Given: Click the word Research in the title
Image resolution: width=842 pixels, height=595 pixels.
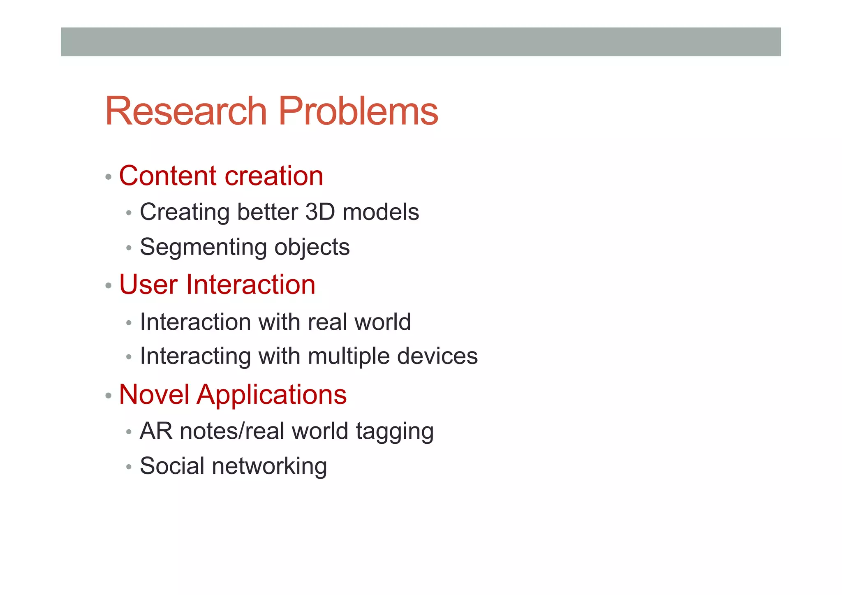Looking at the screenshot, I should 186,111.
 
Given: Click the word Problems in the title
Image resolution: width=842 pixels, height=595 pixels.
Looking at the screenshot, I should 358,111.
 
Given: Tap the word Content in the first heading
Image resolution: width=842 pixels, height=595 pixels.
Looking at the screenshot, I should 168,176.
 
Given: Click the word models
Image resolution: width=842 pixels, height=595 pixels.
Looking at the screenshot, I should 380,212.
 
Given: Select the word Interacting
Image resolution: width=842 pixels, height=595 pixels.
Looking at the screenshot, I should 195,356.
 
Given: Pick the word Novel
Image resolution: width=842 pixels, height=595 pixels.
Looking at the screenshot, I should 154,394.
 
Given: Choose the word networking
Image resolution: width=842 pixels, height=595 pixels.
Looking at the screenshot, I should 269,467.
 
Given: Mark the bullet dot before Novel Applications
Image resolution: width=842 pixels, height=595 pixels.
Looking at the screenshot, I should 108,396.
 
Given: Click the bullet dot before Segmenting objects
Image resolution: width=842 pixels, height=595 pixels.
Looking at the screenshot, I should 129,248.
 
